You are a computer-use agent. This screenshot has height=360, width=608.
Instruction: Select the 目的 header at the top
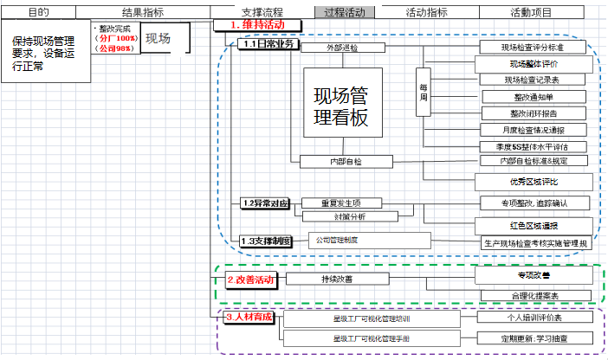[38, 12]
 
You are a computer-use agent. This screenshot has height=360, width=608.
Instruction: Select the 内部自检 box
[346, 161]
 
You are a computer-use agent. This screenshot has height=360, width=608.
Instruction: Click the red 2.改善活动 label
[251, 280]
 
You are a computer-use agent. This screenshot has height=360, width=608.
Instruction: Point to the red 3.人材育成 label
[249, 317]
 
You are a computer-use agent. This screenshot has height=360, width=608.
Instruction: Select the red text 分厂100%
[116, 39]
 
